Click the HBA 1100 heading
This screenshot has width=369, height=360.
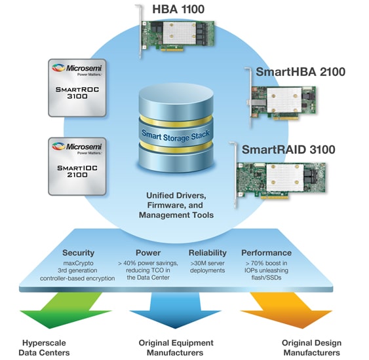pyautogui.click(x=178, y=9)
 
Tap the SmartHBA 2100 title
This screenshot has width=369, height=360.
pyautogui.click(x=301, y=71)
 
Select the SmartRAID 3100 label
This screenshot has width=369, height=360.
pyautogui.click(x=288, y=149)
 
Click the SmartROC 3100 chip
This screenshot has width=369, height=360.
pyautogui.click(x=77, y=88)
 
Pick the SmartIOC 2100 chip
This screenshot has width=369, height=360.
pyautogui.click(x=77, y=166)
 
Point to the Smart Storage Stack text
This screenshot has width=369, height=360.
pyautogui.click(x=176, y=135)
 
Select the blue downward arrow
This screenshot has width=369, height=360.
pyautogui.click(x=175, y=310)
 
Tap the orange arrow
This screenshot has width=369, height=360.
pyautogui.click(x=286, y=310)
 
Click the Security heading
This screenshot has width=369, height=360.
pyautogui.click(x=79, y=253)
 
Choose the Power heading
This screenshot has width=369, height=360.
pyautogui.click(x=148, y=253)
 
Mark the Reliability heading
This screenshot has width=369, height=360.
pyautogui.click(x=208, y=253)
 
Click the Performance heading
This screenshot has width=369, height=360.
pyautogui.click(x=266, y=253)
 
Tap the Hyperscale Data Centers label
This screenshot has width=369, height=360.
pyautogui.click(x=44, y=348)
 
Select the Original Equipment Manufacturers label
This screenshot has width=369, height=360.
pyautogui.click(x=176, y=348)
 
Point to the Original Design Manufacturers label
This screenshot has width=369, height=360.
pyautogui.click(x=311, y=348)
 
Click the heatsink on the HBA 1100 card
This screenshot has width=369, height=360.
pyautogui.click(x=180, y=33)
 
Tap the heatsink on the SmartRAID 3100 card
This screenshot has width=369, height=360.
pyautogui.click(x=285, y=178)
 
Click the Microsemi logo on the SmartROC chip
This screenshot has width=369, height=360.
pyautogui.click(x=77, y=69)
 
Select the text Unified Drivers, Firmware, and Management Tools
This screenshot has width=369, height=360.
pyautogui.click(x=176, y=205)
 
